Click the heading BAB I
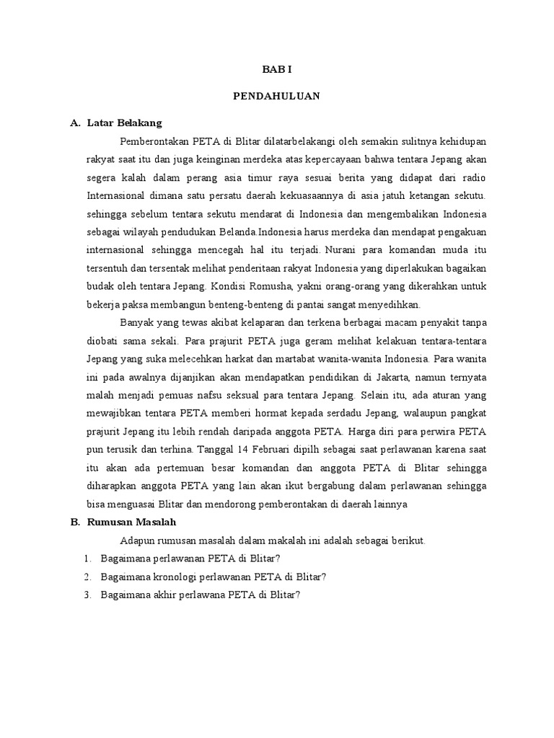(277, 70)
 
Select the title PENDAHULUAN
(277, 96)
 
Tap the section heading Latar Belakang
(124, 123)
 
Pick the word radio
(472, 177)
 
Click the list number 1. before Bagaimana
(87, 559)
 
